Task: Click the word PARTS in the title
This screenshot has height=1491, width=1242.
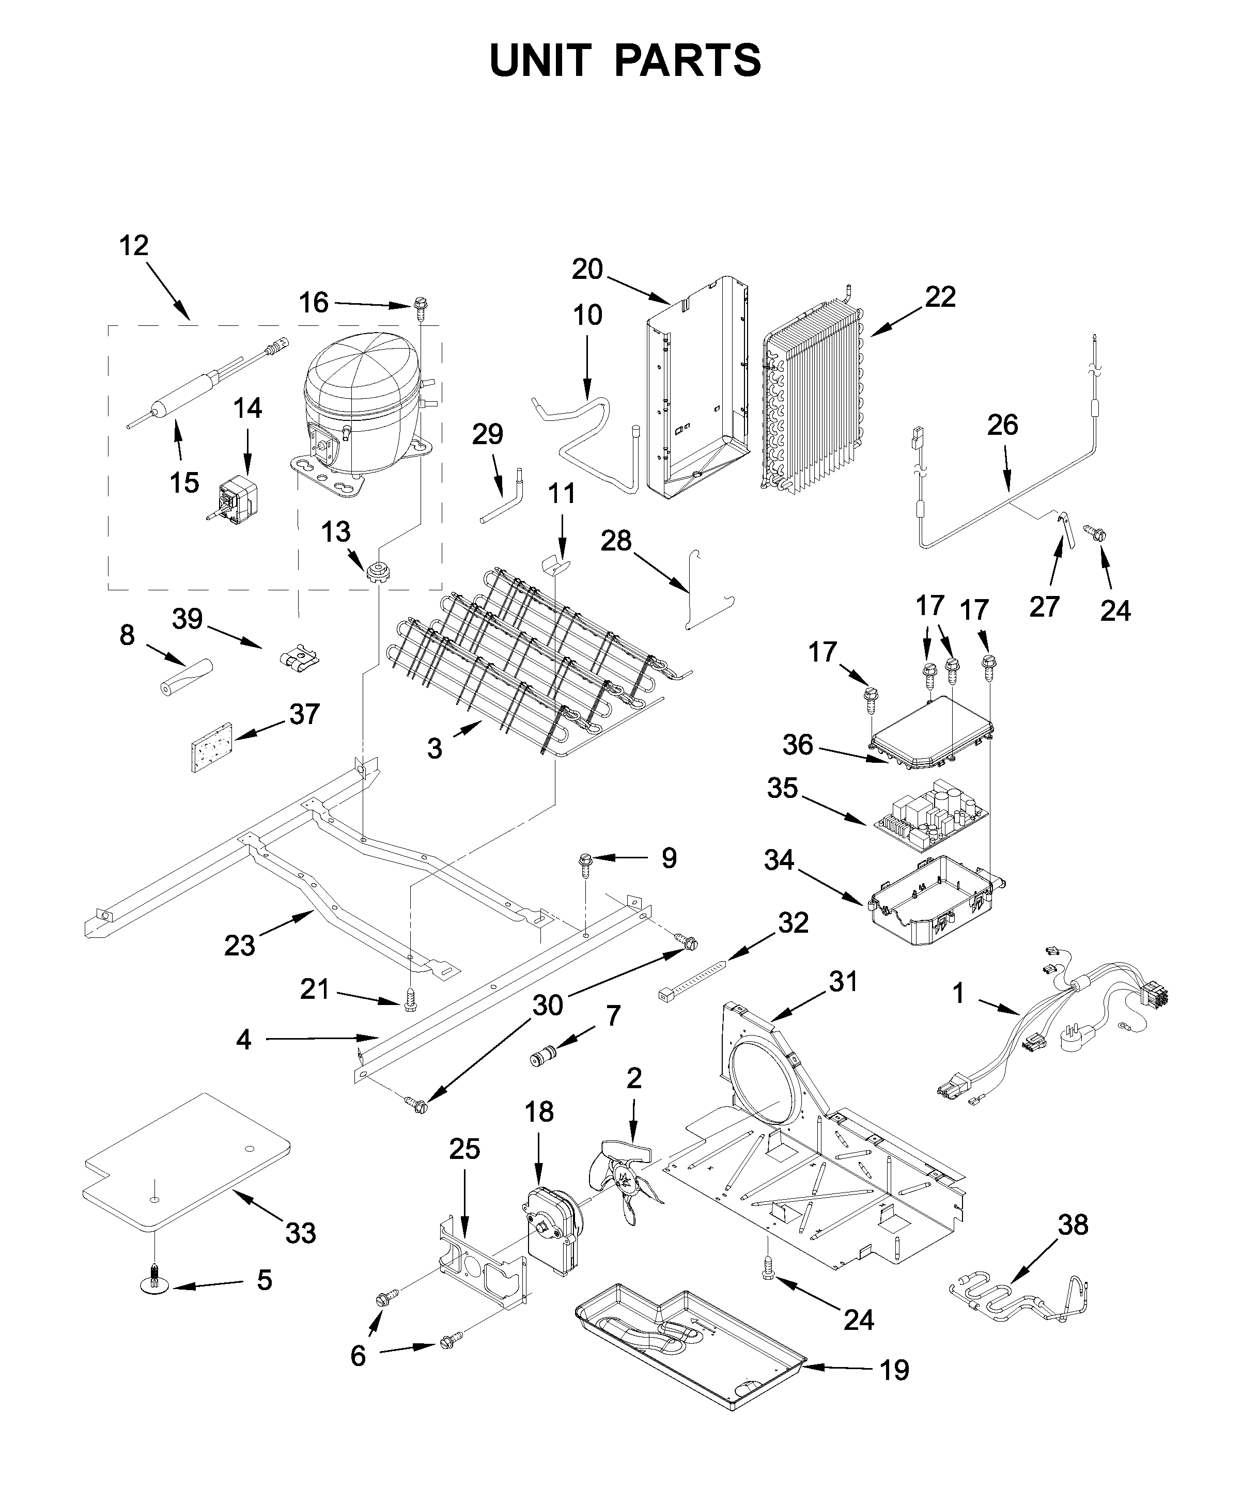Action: [x=688, y=60]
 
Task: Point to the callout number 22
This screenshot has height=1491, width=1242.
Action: [x=940, y=297]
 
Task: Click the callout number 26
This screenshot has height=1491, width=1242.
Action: [x=1002, y=425]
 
